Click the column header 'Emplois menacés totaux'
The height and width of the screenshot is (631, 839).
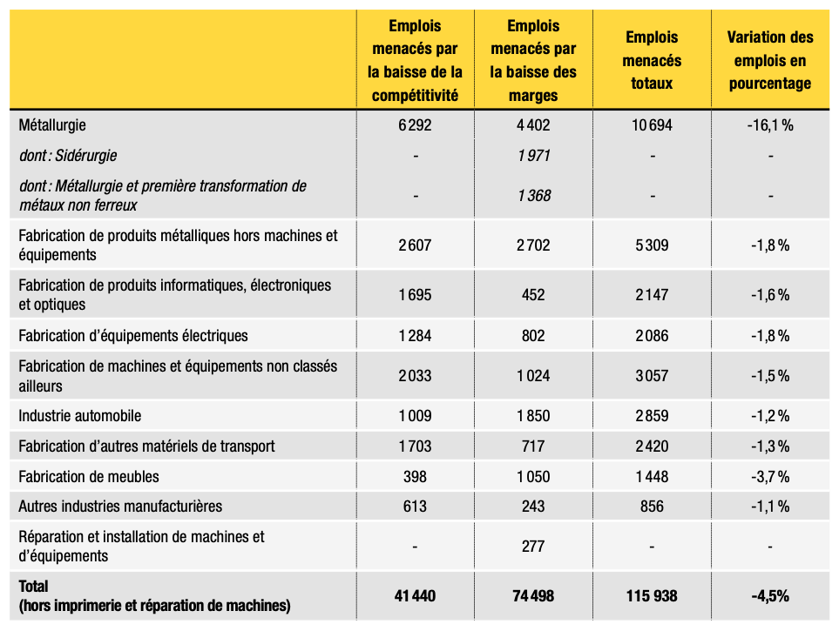point(652,60)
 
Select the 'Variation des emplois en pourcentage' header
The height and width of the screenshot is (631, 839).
point(770,60)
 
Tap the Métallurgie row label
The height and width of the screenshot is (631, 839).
point(52,125)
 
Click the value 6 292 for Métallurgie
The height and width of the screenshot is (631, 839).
point(415,125)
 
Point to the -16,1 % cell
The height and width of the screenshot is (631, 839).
point(770,125)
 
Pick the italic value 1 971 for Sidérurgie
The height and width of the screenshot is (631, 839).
point(533,156)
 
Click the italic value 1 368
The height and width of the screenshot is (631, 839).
point(533,196)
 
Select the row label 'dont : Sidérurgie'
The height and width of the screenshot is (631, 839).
point(68,156)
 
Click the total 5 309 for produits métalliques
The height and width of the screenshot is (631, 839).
point(652,245)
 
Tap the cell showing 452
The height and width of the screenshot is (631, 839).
point(533,295)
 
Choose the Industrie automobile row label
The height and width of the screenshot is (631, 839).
point(80,415)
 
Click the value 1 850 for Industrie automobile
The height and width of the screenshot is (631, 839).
point(533,415)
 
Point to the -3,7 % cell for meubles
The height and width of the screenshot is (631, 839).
point(770,476)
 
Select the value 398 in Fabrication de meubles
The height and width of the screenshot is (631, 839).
point(415,476)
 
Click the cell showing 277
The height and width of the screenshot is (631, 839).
point(533,546)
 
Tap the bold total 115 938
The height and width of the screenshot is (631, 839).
point(652,595)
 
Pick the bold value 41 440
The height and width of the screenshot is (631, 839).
point(415,595)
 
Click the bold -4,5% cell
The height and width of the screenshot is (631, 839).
point(770,595)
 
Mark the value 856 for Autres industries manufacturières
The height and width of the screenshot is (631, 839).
point(652,506)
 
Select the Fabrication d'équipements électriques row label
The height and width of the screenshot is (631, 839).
point(133,335)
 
